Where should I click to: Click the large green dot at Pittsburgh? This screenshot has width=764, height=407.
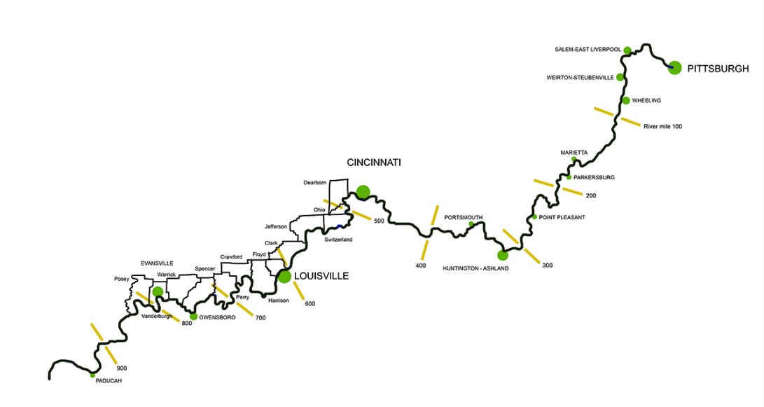[x=674, y=67]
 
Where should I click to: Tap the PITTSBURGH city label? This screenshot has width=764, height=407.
[x=718, y=69]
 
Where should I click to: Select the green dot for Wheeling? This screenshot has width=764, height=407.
[x=625, y=100]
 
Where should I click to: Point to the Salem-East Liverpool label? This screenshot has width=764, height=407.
[x=588, y=50]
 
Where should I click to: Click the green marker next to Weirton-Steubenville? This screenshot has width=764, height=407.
[x=620, y=76]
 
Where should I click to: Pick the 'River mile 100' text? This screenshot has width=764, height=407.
[x=662, y=126]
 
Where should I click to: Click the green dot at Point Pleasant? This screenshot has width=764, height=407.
[x=534, y=216]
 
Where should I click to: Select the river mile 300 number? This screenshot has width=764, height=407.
[x=547, y=265]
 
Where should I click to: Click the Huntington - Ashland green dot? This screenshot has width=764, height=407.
[x=501, y=255]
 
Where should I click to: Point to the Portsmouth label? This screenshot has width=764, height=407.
[x=463, y=217]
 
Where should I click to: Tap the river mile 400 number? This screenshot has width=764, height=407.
[x=420, y=265]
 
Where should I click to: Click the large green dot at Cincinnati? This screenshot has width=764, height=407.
[x=362, y=191]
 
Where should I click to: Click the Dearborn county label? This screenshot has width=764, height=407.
[x=315, y=183]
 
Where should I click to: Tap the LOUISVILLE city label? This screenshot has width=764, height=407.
[x=322, y=276]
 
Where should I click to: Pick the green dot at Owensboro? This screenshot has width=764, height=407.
[x=193, y=316]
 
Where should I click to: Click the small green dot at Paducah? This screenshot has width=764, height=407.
[x=92, y=375]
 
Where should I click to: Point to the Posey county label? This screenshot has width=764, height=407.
[x=121, y=279]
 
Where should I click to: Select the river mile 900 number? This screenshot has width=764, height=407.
[x=122, y=368]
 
